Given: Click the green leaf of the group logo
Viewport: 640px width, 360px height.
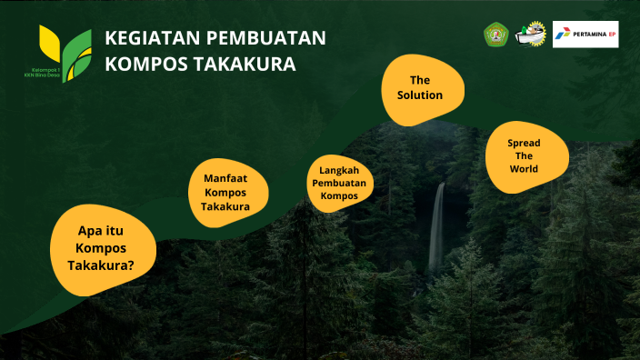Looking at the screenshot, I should click(76, 53).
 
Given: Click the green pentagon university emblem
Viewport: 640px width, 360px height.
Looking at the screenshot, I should click(495, 35).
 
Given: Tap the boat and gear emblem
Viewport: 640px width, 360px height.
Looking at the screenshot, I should click(531, 35).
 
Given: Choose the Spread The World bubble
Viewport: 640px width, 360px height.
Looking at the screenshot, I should click(525, 156).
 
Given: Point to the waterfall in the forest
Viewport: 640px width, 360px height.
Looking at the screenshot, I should click(437, 227).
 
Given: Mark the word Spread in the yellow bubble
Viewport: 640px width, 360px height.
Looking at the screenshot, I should click(524, 144).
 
